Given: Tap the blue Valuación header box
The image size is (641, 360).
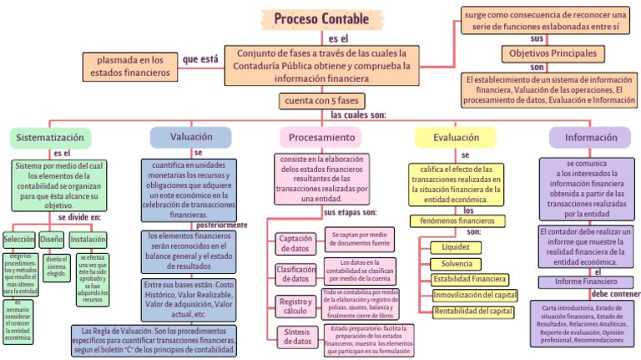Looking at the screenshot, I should click(x=190, y=136).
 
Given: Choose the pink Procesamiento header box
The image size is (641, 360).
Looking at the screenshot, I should click(x=321, y=137).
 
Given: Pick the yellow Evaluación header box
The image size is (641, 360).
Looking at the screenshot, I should click(x=456, y=136).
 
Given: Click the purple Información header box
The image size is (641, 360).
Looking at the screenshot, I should click(x=591, y=136).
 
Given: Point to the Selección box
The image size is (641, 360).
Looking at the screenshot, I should click(x=19, y=239).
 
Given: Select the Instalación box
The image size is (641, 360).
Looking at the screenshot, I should click(x=88, y=239).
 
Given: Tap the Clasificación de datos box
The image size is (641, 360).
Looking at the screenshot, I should click(x=295, y=273).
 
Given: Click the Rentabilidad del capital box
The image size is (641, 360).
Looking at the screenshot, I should click(x=472, y=311).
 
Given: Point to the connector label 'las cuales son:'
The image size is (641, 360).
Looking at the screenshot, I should click(x=358, y=114).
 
